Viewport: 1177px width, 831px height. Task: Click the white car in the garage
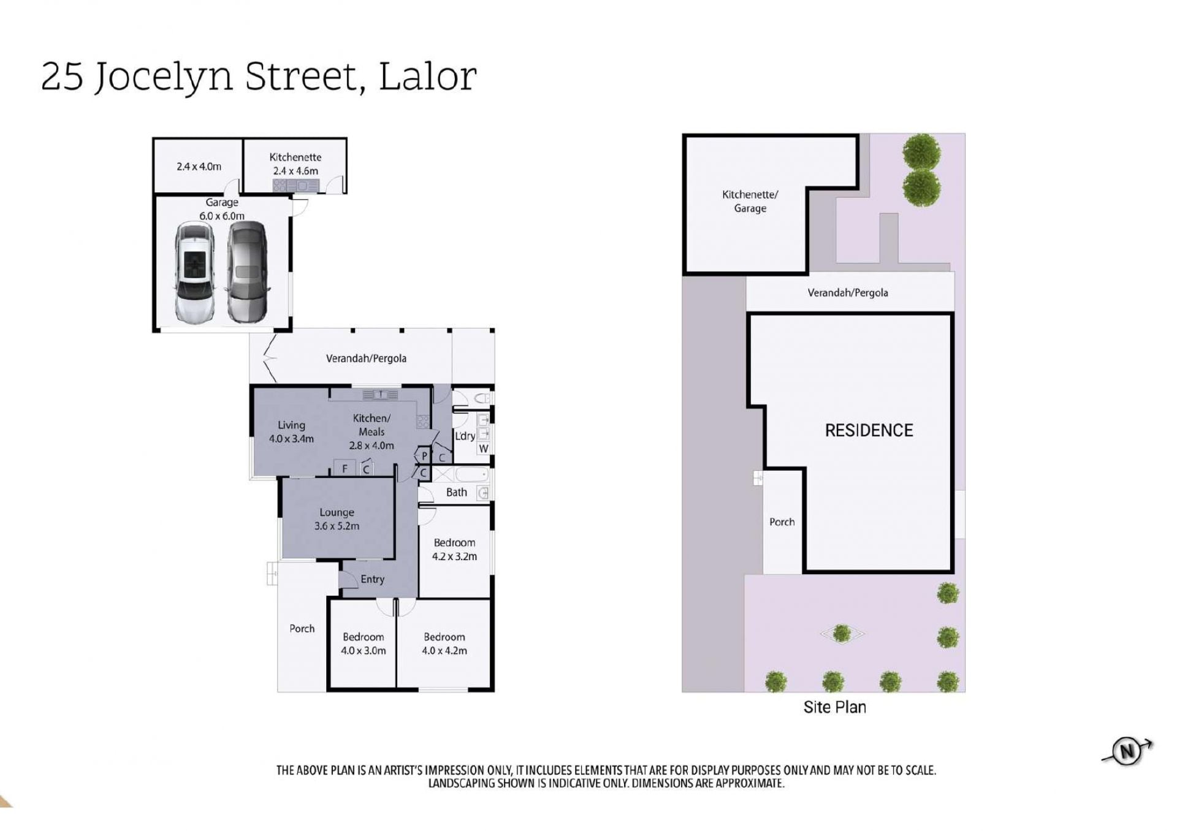[195, 272]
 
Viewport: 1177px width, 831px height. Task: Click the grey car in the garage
[248, 271]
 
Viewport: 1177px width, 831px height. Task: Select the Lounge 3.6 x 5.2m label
[337, 519]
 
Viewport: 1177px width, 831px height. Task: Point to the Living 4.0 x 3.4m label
[291, 431]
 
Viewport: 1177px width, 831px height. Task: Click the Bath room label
[457, 492]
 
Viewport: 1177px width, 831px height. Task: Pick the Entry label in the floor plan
[372, 579]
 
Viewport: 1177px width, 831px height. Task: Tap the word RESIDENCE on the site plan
[869, 430]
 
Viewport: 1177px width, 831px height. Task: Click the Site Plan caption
[834, 707]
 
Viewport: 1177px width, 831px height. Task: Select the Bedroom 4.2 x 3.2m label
[454, 549]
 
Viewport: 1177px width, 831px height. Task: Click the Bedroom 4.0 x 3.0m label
[364, 643]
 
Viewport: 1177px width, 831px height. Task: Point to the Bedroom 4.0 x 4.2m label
[444, 643]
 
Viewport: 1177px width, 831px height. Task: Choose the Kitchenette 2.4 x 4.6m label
[295, 164]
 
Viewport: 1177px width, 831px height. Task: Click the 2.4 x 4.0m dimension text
[199, 166]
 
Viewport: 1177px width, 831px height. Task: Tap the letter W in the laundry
[483, 448]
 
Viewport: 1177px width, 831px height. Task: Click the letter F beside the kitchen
[345, 469]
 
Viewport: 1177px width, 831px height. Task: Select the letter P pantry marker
[424, 456]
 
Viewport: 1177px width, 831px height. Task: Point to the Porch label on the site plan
[782, 522]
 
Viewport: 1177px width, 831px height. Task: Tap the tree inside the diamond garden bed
[842, 633]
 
